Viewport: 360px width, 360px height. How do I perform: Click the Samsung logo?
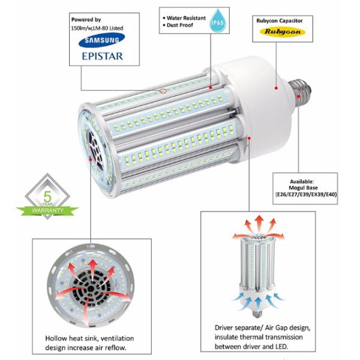click(x=101, y=40)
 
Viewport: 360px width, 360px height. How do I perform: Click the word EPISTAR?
click(x=103, y=56)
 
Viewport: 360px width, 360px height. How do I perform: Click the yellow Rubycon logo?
click(x=283, y=32)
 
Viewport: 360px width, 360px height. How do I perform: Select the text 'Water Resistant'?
click(x=186, y=18)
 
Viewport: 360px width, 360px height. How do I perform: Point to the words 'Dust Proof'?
click(x=180, y=25)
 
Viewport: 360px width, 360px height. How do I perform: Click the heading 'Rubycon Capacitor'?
click(x=280, y=20)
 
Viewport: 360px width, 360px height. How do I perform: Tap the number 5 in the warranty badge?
click(x=48, y=197)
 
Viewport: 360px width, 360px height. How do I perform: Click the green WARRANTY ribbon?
click(x=47, y=211)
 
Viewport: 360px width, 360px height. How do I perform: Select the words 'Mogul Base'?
click(x=303, y=188)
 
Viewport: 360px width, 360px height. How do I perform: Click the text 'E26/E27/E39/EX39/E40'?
click(x=306, y=194)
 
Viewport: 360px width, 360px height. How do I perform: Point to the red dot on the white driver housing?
click(x=277, y=88)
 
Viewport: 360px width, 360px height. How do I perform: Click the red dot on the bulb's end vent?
click(x=91, y=159)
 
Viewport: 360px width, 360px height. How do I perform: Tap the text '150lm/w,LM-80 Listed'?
click(x=97, y=28)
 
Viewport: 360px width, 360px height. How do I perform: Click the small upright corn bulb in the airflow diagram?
click(x=257, y=275)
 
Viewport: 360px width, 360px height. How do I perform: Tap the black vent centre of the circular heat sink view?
click(x=91, y=288)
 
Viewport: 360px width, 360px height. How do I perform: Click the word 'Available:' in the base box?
click(x=302, y=182)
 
